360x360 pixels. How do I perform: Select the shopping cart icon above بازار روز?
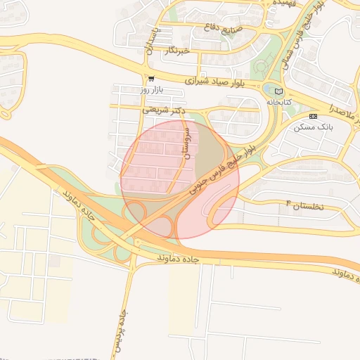[x=151, y=79]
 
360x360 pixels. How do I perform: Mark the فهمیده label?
[x=287, y=4]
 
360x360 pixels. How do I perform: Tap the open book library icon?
[x=278, y=91]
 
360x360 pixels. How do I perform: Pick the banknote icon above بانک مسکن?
[x=313, y=116]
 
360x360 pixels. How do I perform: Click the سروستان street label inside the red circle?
[x=186, y=141]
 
